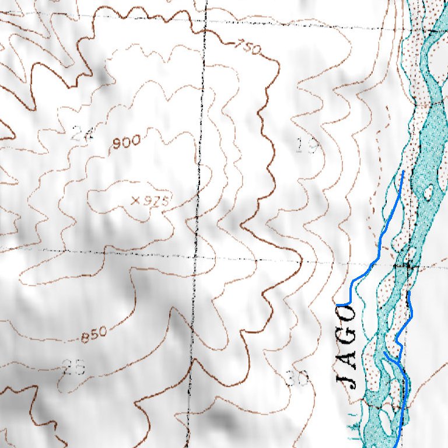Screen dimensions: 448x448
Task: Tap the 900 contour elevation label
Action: [x=127, y=142]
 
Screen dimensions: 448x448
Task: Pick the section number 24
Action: [x=82, y=134]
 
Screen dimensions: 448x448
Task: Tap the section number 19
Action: [x=307, y=146]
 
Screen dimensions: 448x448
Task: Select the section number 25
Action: [x=74, y=367]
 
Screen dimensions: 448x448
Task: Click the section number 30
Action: [x=297, y=379]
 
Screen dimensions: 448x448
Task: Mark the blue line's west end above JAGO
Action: [x=338, y=304]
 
